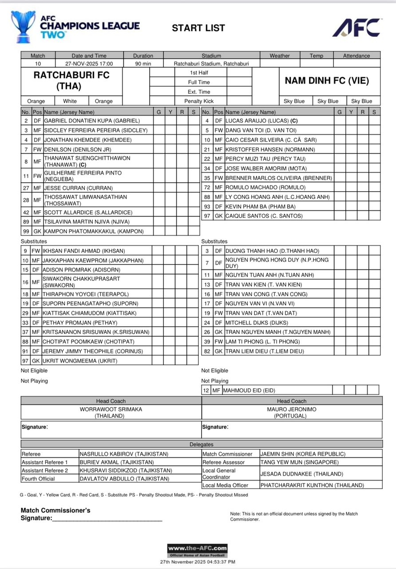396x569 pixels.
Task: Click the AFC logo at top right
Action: point(356,28)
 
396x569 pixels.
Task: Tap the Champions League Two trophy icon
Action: point(23,27)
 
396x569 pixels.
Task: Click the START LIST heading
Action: point(198,28)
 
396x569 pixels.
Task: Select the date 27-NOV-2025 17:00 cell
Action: point(89,63)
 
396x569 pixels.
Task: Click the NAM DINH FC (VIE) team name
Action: point(327,81)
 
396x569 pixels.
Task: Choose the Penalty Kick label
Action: point(199,101)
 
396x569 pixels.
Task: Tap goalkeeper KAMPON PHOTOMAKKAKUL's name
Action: point(93,231)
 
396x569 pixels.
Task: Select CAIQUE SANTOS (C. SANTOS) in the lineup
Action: point(264,216)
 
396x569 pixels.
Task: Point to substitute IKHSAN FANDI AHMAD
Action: point(83,251)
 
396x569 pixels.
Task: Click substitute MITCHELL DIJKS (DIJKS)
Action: point(257,323)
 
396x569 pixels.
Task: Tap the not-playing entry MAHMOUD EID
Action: point(249,390)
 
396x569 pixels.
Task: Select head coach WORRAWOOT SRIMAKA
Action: point(111,409)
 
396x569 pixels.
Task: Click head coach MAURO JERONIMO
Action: point(292,409)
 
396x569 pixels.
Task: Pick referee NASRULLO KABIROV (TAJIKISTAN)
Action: point(124,454)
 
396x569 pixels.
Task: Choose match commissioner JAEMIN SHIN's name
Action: point(302,454)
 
